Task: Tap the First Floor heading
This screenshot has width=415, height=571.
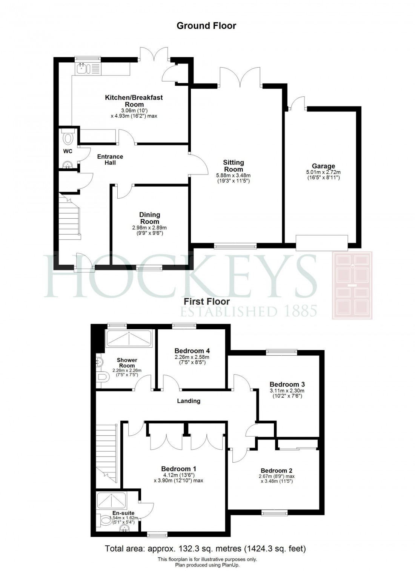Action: coord(206,301)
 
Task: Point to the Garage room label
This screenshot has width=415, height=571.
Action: coord(323,166)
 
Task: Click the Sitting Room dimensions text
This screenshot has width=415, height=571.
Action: coord(233,178)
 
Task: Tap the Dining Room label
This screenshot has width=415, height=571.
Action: coord(149,218)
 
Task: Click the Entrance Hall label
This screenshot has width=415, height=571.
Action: coord(110,159)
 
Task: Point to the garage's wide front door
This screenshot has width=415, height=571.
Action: coord(321,243)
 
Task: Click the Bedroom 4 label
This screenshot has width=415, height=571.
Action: coord(192,351)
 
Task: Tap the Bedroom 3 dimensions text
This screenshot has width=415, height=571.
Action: coord(287,394)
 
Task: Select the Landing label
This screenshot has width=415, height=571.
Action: coord(189,401)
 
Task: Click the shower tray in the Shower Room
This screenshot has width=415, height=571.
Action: coord(129,338)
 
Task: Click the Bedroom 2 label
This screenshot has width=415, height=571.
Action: coord(277,471)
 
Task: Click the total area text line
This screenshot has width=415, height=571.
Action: coord(205,548)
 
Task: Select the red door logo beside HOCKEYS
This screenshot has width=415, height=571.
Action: coord(352,285)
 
